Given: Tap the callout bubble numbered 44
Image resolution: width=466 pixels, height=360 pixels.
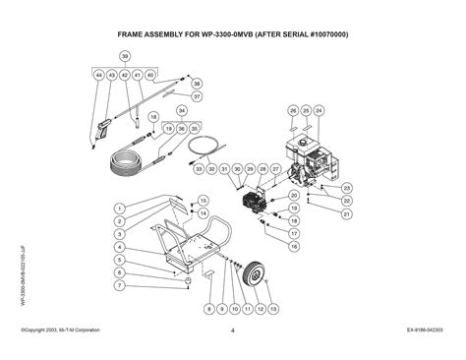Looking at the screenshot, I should [x=99, y=75].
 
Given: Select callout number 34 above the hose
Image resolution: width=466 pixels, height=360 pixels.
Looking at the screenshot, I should [x=181, y=110].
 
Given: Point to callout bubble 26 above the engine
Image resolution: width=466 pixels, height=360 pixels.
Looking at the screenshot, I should [x=292, y=110].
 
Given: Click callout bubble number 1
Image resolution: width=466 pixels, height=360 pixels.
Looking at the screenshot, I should [x=118, y=208].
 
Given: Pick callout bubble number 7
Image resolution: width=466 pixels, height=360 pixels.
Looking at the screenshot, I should [x=118, y=285].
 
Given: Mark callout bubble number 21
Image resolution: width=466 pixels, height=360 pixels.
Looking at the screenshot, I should [x=346, y=212].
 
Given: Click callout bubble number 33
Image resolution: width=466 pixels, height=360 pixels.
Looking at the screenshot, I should [x=199, y=169].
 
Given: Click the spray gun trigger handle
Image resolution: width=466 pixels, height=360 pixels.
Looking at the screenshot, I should [x=103, y=128].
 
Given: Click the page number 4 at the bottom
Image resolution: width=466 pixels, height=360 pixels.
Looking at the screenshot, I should [x=233, y=330].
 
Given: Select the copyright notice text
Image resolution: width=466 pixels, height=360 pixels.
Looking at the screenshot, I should [x=67, y=330].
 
